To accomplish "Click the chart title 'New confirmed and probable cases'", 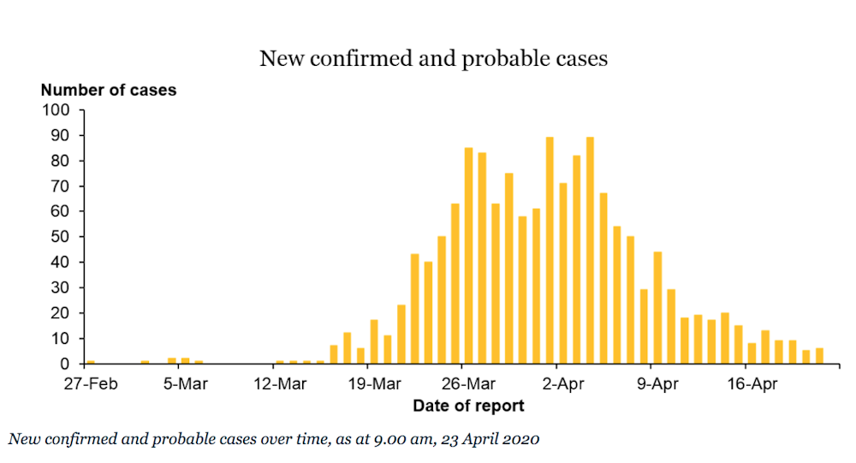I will pyautogui.click(x=433, y=59).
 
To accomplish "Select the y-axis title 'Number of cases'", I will pyautogui.click(x=109, y=90).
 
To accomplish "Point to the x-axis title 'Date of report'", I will pyautogui.click(x=468, y=406).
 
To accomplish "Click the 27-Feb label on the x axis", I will pyautogui.click(x=89, y=385).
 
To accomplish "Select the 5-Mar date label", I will pyautogui.click(x=186, y=385).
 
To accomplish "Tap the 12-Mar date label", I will pyautogui.click(x=280, y=385).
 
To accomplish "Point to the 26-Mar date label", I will pyautogui.click(x=469, y=385).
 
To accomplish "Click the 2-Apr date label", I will pyautogui.click(x=563, y=385).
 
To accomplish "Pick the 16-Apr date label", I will pyautogui.click(x=752, y=385).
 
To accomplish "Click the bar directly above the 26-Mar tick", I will pyautogui.click(x=468, y=257).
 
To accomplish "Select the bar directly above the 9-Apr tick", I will pyautogui.click(x=657, y=308).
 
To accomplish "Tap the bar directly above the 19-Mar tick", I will pyautogui.click(x=374, y=342).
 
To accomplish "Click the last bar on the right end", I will pyautogui.click(x=819, y=356).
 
